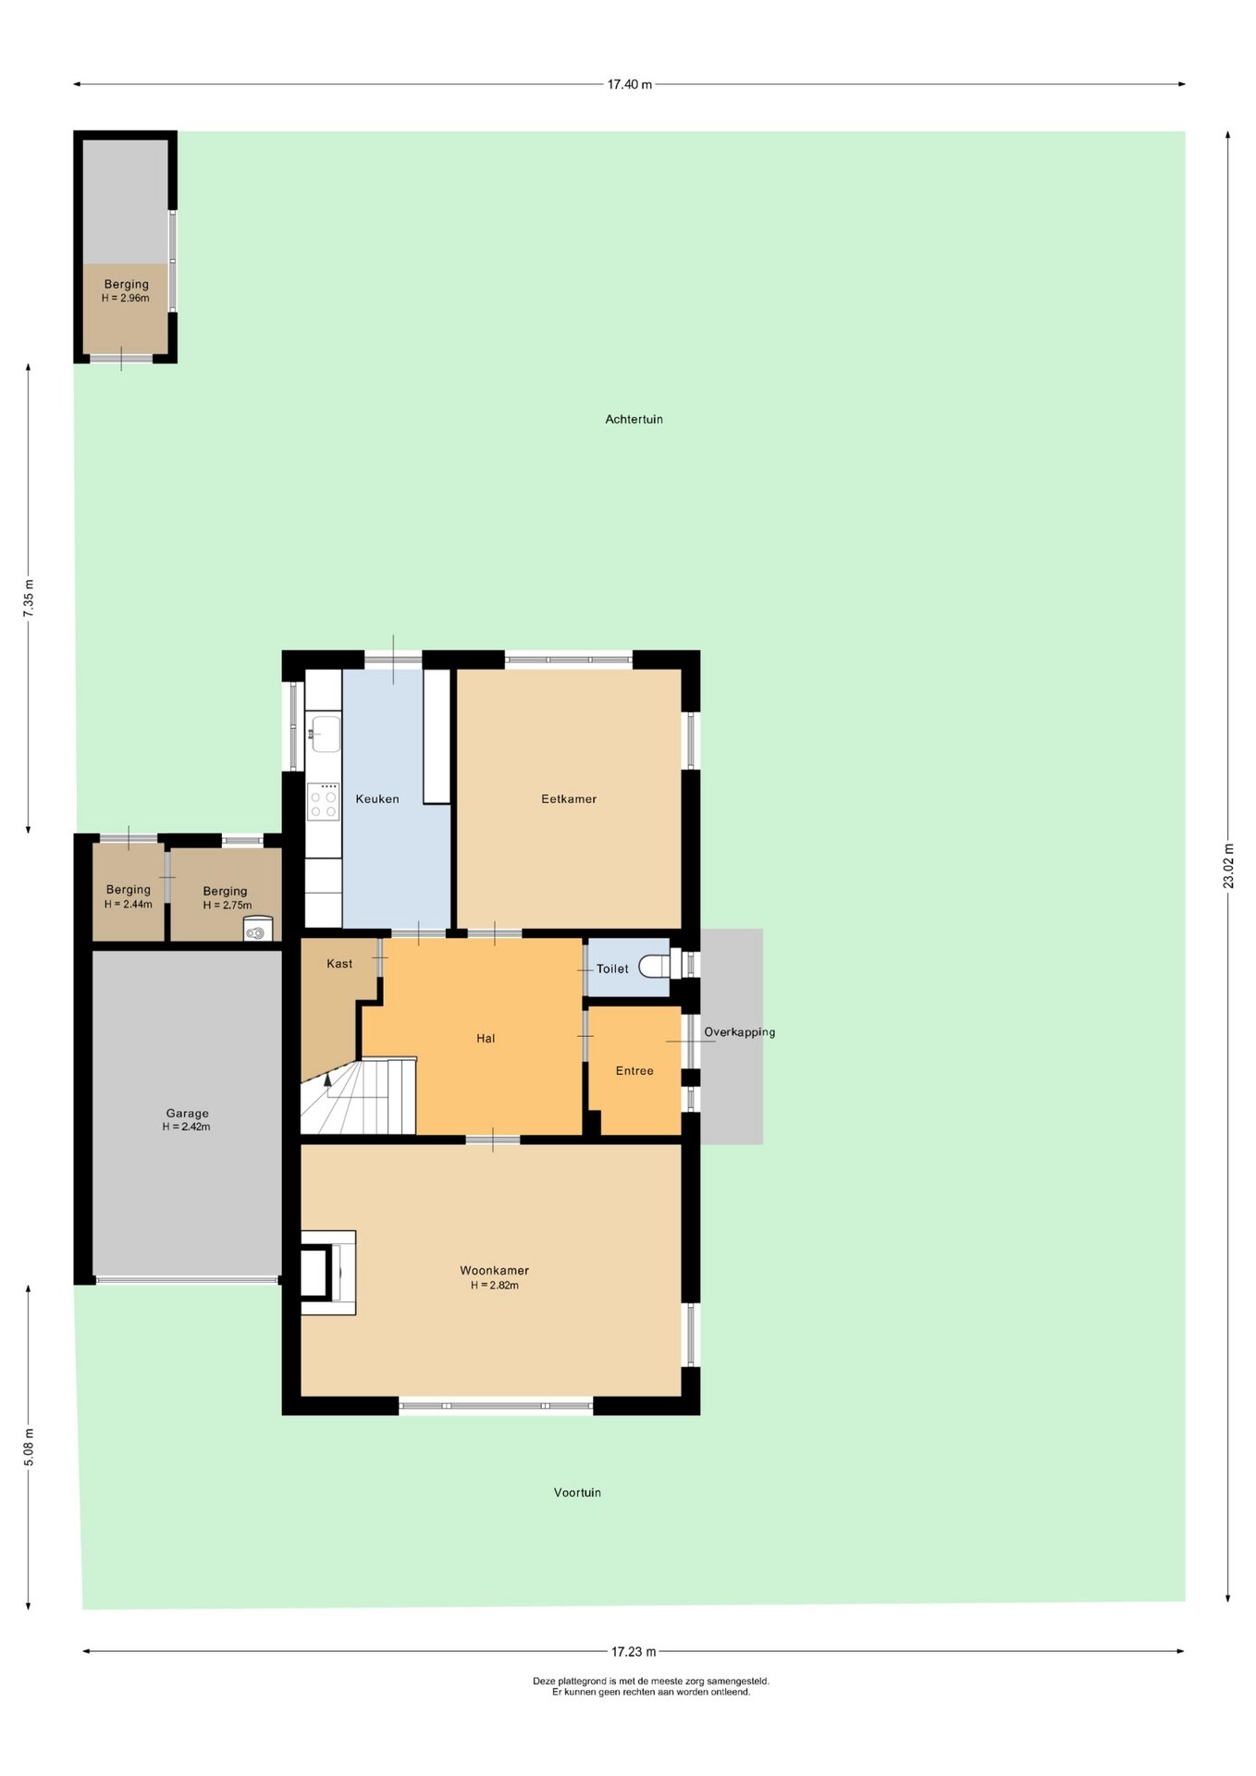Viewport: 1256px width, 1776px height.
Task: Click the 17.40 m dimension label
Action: [x=629, y=84]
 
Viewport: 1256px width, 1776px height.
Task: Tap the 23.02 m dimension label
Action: [x=1228, y=866]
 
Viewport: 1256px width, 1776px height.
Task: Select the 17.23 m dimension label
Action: [x=634, y=1651]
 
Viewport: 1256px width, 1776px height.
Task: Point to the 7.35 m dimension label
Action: [x=29, y=598]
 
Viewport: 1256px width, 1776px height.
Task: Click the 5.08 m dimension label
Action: [x=29, y=1447]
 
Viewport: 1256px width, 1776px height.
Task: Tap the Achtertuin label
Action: [x=634, y=419]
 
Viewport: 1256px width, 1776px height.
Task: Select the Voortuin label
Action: [x=577, y=1492]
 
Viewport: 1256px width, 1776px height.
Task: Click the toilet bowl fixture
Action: [x=654, y=966]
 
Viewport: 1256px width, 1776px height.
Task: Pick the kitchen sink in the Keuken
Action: [x=324, y=734]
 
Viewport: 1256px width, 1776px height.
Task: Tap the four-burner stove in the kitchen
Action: [x=324, y=801]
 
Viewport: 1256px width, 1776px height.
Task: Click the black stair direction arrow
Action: [x=327, y=1079]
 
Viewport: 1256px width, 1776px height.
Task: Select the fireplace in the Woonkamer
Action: [x=328, y=1272]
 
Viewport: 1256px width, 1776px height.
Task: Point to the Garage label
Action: [x=187, y=1113]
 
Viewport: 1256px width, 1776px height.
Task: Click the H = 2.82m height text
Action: [x=494, y=1285]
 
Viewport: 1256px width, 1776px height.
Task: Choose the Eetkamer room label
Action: [x=569, y=798]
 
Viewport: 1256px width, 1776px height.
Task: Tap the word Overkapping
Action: [x=739, y=1032]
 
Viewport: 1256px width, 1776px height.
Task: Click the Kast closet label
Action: [x=339, y=963]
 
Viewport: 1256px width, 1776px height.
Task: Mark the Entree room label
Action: [x=634, y=1070]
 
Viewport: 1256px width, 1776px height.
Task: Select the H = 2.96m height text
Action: [x=125, y=298]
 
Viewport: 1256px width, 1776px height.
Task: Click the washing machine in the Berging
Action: [x=258, y=929]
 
